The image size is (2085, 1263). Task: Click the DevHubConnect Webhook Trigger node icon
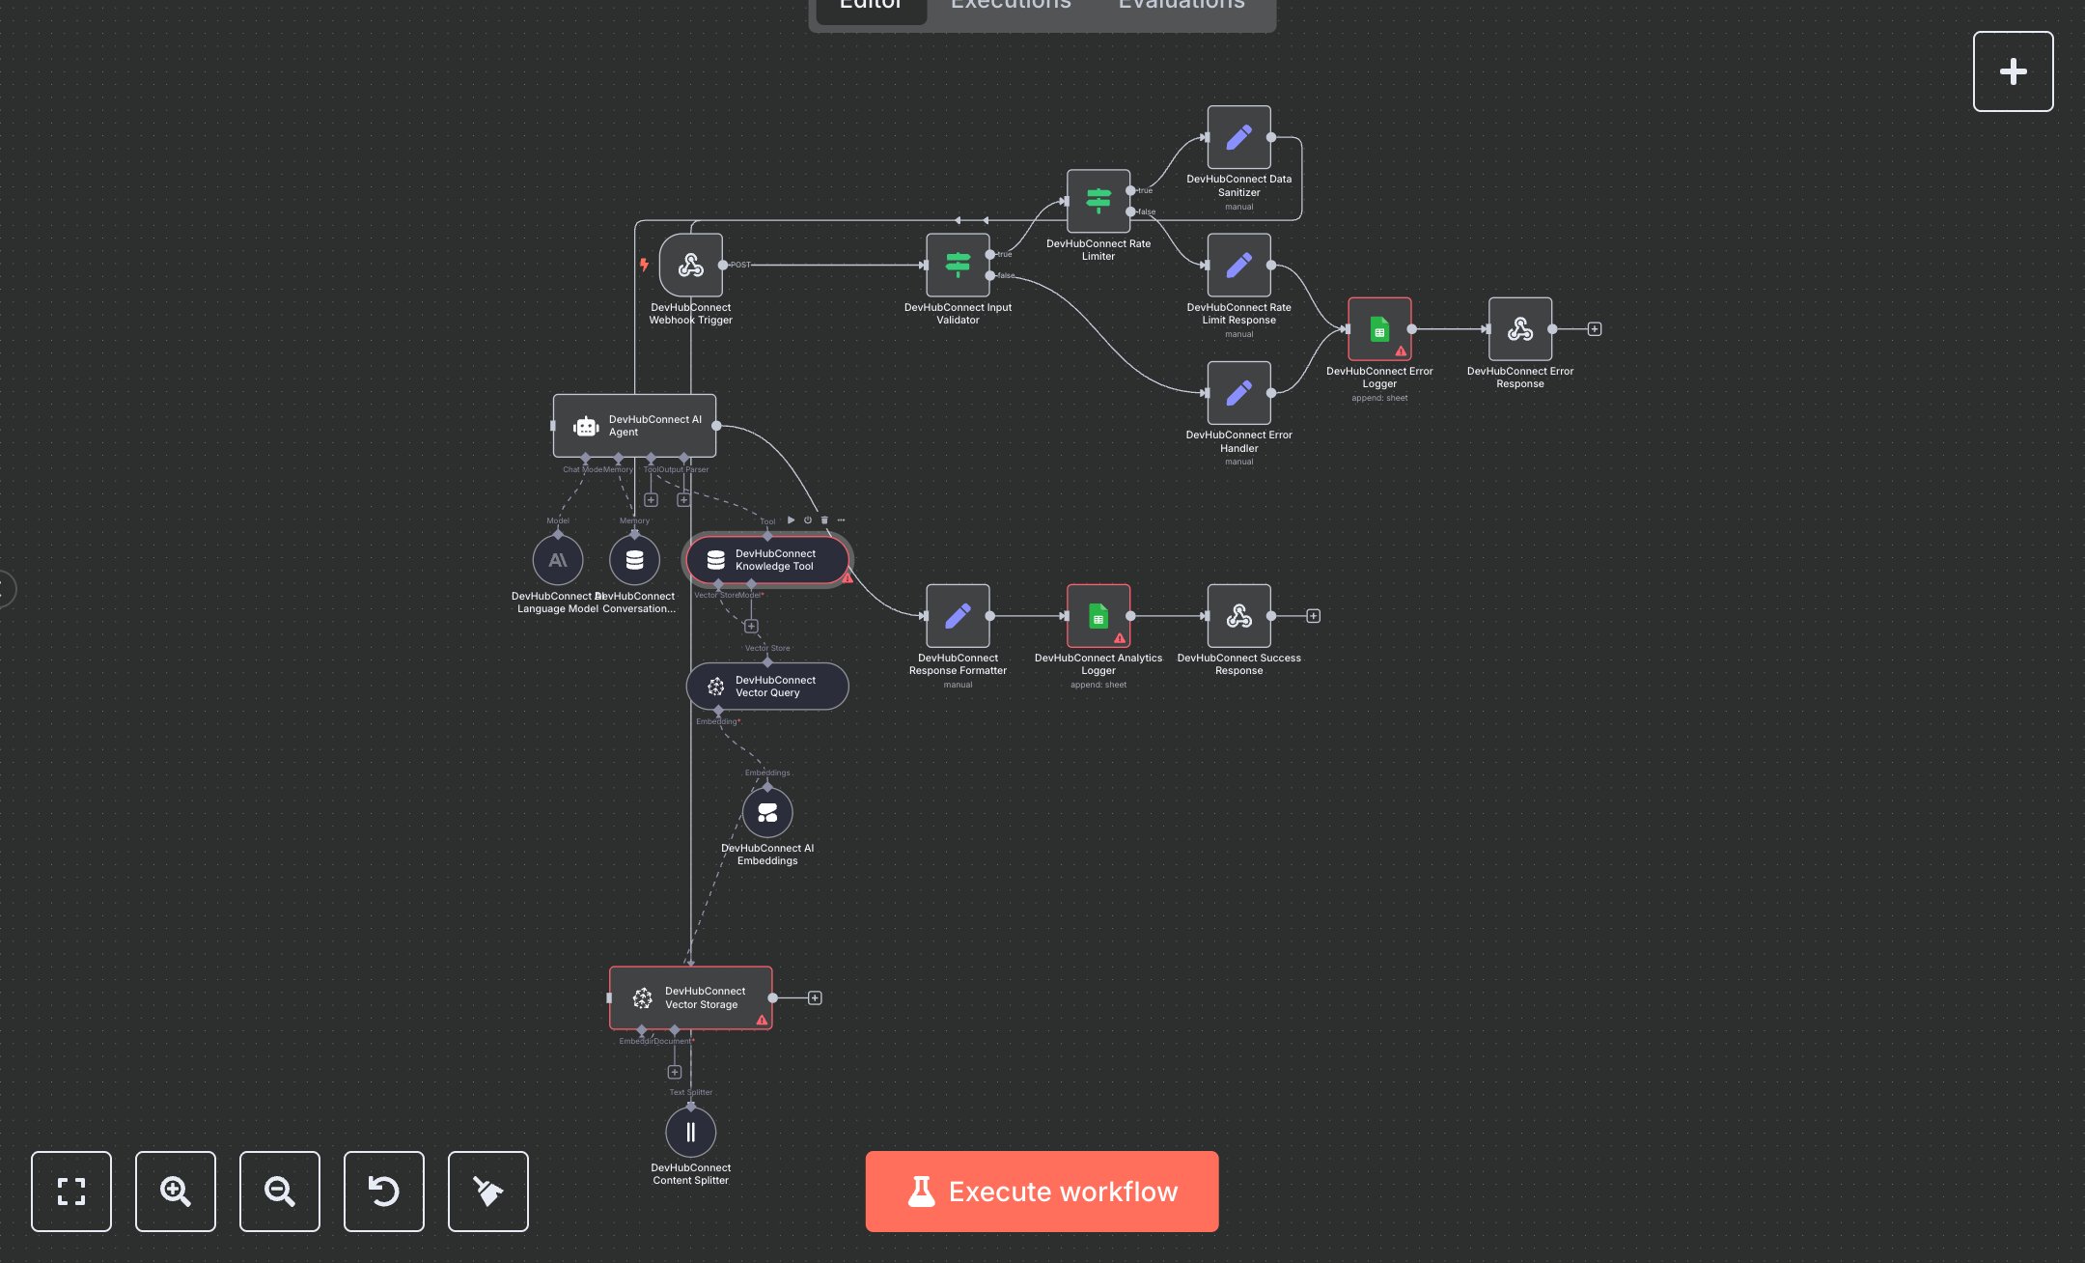[690, 265]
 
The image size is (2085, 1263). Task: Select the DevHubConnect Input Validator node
[958, 265]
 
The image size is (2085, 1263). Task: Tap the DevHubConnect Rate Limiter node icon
[1098, 201]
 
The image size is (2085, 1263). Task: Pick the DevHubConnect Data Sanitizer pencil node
[1238, 137]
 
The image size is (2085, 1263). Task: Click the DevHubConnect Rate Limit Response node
[1238, 265]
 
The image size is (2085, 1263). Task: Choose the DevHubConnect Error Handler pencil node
[1238, 393]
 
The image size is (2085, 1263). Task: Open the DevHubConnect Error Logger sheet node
[1379, 329]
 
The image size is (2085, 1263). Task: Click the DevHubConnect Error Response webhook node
[1520, 329]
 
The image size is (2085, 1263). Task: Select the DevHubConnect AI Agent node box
[634, 426]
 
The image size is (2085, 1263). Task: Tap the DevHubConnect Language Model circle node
[558, 560]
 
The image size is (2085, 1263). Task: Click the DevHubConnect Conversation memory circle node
[634, 560]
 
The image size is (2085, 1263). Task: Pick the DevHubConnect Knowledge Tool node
[767, 560]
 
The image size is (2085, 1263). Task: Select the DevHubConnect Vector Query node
[767, 687]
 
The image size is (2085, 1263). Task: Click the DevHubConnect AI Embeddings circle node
[767, 813]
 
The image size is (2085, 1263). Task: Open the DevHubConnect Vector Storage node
[690, 997]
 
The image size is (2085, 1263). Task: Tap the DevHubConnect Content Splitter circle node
[690, 1132]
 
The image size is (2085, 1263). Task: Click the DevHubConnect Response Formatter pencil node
[958, 616]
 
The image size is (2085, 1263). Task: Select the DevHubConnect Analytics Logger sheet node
[1098, 616]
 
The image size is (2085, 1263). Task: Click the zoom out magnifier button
[280, 1192]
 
